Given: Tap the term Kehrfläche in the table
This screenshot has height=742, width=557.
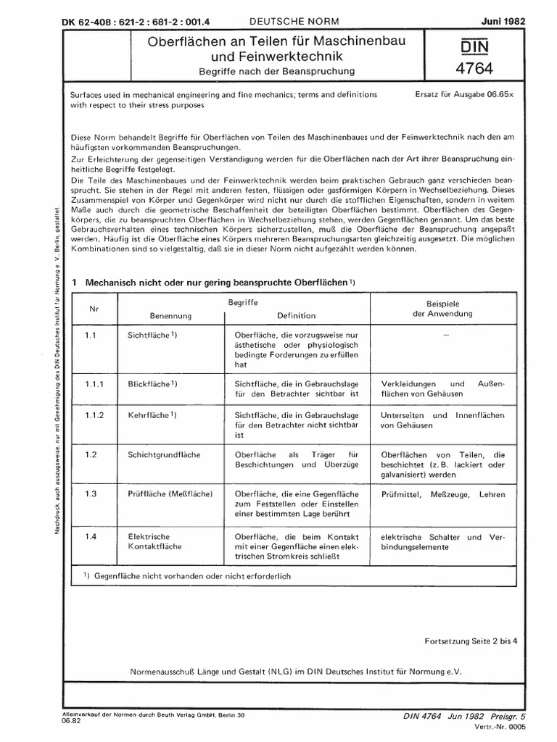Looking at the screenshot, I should click(x=151, y=416).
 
